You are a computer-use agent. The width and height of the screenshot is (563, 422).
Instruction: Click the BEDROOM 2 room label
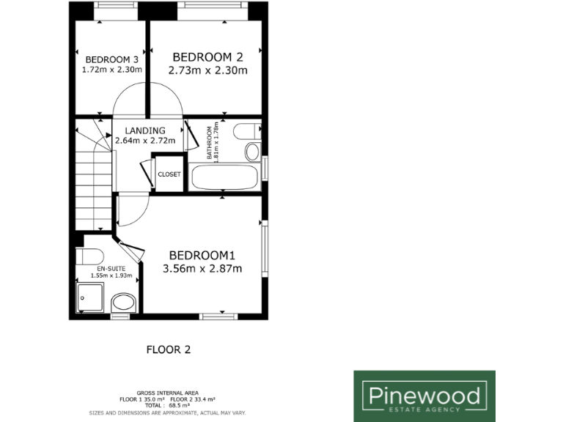pyautogui.click(x=207, y=56)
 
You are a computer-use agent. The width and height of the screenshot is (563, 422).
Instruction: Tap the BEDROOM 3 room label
pyautogui.click(x=111, y=59)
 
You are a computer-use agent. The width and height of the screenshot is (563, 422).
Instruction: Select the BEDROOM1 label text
pyautogui.click(x=202, y=255)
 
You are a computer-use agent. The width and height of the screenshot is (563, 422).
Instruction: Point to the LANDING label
pyautogui.click(x=144, y=130)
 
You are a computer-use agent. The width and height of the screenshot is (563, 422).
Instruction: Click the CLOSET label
pyautogui.click(x=169, y=174)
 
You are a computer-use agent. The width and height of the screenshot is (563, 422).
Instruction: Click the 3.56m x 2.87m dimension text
pyautogui.click(x=202, y=269)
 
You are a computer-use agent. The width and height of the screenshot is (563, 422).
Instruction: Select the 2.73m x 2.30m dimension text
pyautogui.click(x=207, y=71)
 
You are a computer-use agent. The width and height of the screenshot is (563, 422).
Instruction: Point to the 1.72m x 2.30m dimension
pyautogui.click(x=111, y=70)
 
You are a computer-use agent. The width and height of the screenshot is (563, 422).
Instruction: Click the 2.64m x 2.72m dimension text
pyautogui.click(x=144, y=140)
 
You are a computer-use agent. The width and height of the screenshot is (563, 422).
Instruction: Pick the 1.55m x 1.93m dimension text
pyautogui.click(x=111, y=275)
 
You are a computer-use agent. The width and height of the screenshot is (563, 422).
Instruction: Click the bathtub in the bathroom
pyautogui.click(x=224, y=177)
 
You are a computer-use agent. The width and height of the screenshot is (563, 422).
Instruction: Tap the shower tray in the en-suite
pyautogui.click(x=92, y=298)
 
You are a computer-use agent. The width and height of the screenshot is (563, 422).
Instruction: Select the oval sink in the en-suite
pyautogui.click(x=122, y=302)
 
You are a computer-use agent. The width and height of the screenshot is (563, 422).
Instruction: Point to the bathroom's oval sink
pyautogui.click(x=252, y=152)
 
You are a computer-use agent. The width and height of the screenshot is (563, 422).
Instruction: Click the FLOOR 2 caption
pyautogui.click(x=169, y=349)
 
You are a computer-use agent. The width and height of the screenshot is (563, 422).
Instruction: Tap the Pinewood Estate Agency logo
pyautogui.click(x=424, y=396)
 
